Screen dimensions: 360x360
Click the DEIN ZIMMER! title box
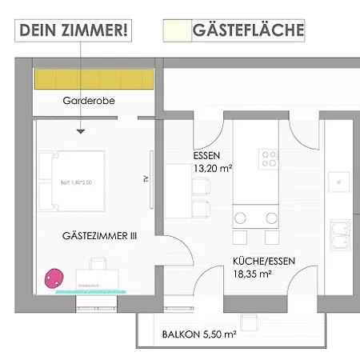[74, 30]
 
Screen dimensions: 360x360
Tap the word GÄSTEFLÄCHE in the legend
[248, 30]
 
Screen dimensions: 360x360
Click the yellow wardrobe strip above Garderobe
[93, 79]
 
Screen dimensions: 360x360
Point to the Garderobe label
[84, 102]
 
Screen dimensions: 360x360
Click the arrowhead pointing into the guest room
[81, 131]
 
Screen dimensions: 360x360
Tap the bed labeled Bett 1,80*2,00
[72, 182]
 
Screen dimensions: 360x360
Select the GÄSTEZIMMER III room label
[100, 236]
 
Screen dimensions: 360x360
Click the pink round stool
[54, 278]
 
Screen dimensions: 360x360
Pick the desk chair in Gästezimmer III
[98, 265]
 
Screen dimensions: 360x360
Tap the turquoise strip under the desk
[88, 292]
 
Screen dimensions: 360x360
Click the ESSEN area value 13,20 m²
[212, 169]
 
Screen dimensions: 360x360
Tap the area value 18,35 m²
[253, 274]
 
